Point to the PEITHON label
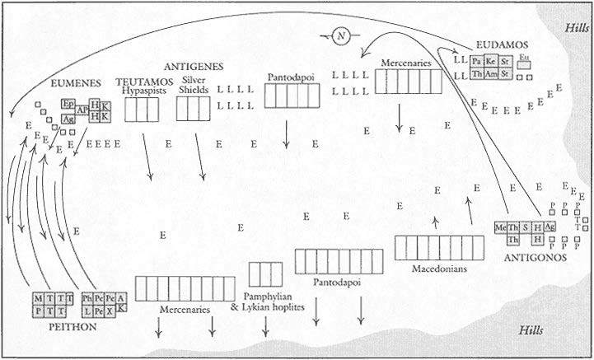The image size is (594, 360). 50,326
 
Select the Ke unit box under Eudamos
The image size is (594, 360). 491,61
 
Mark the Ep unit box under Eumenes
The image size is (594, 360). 68,105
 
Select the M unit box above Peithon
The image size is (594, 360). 37,297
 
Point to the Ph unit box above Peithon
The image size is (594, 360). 87,297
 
